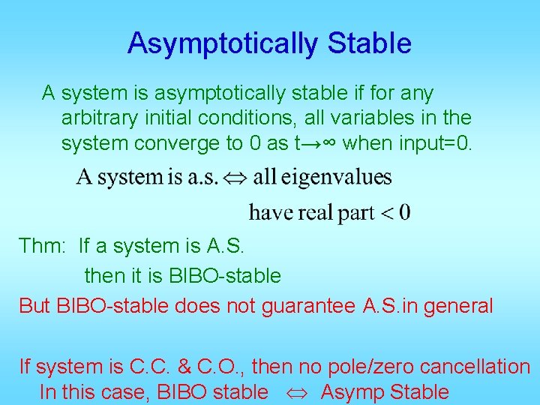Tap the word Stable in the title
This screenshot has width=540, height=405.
click(369, 43)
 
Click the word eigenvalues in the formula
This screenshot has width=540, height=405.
click(322, 178)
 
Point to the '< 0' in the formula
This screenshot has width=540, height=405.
click(395, 213)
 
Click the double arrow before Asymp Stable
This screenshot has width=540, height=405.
click(294, 392)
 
